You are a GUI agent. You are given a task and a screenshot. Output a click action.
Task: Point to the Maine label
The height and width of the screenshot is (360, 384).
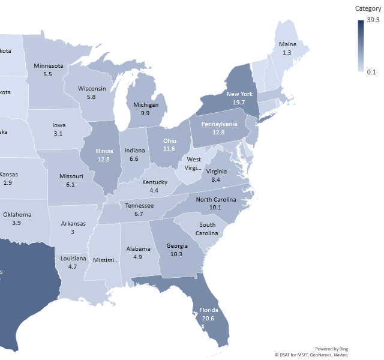[287, 45]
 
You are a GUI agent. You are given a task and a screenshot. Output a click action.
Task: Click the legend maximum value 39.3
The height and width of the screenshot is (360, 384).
[373, 20]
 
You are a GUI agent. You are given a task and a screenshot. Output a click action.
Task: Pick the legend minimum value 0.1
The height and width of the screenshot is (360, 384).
[372, 72]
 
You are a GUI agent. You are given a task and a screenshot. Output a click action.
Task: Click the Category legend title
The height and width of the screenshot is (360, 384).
[368, 8]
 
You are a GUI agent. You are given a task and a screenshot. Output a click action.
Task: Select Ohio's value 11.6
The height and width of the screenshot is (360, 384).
[169, 148]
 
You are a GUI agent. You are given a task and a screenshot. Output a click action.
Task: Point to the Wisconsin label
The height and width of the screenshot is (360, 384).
[92, 89]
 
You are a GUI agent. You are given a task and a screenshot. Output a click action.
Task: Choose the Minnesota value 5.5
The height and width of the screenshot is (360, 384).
[48, 74]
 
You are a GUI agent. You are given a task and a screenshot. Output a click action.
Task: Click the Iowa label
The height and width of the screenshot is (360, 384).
[58, 125]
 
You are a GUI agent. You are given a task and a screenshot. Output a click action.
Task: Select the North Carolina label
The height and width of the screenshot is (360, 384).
[216, 200]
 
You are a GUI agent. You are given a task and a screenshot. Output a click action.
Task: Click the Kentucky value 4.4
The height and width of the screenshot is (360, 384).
[154, 190]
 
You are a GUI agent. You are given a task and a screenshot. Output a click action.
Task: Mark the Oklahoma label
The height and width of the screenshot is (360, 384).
[17, 215]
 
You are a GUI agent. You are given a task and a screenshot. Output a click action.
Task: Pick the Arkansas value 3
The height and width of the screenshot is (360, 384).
[73, 232]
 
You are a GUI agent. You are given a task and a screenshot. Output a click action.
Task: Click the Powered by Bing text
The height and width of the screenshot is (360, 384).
[331, 349]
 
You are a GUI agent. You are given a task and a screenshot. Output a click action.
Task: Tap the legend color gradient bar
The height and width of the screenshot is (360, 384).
[361, 46]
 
